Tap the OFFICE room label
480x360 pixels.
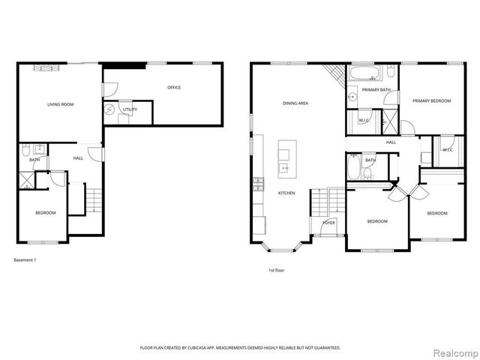pos(173,88)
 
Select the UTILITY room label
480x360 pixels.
pos(130,110)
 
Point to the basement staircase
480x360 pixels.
pos(93,200)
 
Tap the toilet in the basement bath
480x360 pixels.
pos(25,148)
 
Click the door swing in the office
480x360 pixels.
pos(110,88)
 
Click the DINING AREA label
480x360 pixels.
pos(296,103)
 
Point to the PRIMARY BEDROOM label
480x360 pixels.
pos(430,100)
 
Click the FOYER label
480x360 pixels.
pos(328,223)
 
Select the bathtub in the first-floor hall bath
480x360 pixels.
pos(354,166)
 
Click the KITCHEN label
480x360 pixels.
pos(286,193)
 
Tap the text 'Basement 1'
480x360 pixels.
pos(25,260)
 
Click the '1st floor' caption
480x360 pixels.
pos(276,270)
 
